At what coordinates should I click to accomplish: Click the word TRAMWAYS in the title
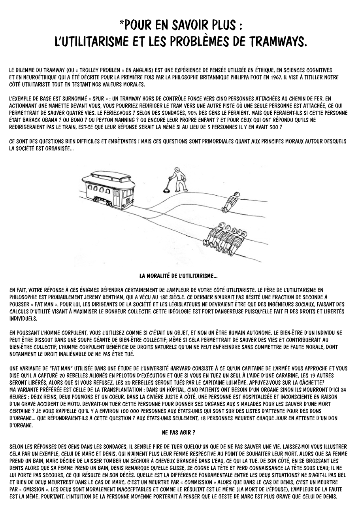point(272,41)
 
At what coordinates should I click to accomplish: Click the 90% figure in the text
point(193,113)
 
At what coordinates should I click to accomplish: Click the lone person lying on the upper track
point(231,202)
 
